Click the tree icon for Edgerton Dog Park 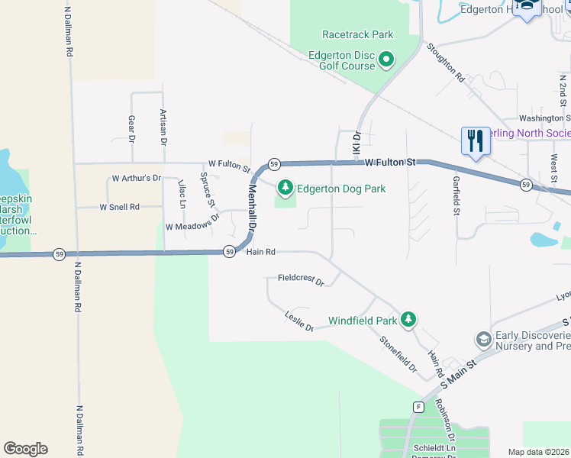pos(285,187)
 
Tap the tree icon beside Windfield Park pos(409,320)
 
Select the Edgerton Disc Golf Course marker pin pos(386,60)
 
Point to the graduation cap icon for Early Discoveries pos(482,338)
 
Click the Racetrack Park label pos(357,34)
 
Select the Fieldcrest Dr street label pos(301,279)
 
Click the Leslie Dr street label pos(299,321)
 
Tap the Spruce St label pos(207,189)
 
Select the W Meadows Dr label pos(192,227)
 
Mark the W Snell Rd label pos(119,207)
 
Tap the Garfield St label pos(456,197)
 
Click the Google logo pos(25,449)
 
